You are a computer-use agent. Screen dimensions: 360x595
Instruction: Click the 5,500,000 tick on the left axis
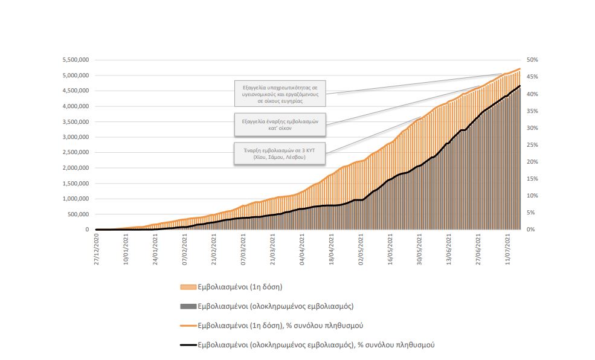click(76, 60)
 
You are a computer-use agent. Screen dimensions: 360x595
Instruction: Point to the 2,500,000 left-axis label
click(76, 152)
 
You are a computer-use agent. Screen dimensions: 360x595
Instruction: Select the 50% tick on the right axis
click(532, 60)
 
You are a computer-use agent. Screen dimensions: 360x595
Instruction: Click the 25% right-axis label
click(532, 145)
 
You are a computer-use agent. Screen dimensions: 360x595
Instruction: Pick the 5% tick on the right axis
click(530, 213)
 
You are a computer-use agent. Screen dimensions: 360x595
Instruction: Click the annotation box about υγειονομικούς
click(280, 94)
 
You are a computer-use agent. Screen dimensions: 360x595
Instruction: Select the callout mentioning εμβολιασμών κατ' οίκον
click(280, 125)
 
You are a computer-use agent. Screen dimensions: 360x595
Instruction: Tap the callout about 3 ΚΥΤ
click(280, 153)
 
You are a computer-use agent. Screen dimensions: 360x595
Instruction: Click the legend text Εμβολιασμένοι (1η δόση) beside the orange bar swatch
click(240, 286)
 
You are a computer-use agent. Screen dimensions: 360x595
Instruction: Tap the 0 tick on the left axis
click(86, 230)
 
